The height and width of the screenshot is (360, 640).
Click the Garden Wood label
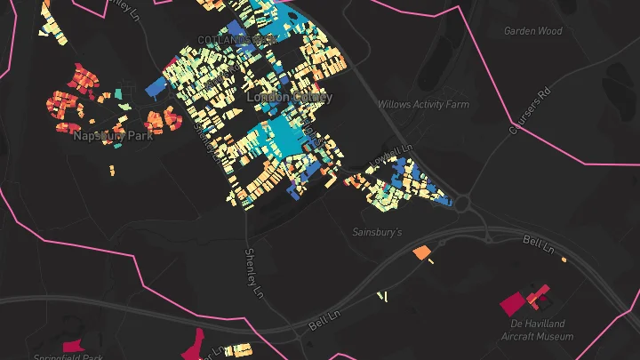tap(533, 31)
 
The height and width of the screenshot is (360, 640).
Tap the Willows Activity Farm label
tap(422, 104)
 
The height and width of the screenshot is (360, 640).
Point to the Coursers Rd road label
tap(524, 116)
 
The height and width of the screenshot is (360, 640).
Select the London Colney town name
tap(289, 97)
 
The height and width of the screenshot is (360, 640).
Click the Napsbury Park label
tap(113, 136)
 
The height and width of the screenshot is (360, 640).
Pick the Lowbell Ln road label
tap(396, 154)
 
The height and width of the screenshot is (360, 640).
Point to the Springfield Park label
tap(68, 357)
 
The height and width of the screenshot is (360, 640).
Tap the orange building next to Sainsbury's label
tap(421, 253)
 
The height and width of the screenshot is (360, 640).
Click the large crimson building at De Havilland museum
tap(513, 304)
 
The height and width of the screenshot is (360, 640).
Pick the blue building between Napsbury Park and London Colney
tap(156, 85)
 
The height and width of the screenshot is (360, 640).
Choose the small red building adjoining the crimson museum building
tap(537, 294)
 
